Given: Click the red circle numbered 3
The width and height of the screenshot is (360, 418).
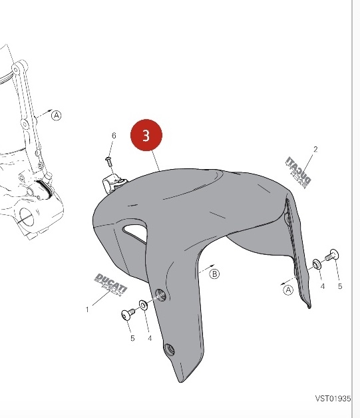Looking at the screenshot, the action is (146, 135).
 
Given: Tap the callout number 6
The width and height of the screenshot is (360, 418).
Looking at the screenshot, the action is (114, 136).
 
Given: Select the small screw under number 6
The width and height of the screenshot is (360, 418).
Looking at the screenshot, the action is (108, 161).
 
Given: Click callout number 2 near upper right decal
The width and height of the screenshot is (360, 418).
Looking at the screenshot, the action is (315, 149).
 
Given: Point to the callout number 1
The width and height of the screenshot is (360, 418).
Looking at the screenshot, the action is (87, 310).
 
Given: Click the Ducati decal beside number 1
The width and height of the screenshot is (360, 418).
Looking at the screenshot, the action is (111, 285).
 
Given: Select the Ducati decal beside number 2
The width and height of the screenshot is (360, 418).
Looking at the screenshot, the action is (298, 172).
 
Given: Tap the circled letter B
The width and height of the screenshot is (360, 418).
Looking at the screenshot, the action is (214, 274).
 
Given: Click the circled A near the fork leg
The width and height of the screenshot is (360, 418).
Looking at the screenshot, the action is (57, 115).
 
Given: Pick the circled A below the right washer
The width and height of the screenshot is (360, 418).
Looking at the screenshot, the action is (288, 290).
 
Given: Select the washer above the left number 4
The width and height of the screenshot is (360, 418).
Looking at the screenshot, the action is (144, 305).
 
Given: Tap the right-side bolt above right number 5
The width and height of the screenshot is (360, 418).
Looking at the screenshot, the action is (332, 255).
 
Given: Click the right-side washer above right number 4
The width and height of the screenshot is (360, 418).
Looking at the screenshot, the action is (317, 264).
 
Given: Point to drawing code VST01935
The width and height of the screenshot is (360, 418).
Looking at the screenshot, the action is (333, 399).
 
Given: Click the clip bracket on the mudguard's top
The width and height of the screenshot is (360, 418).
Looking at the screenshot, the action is (112, 183).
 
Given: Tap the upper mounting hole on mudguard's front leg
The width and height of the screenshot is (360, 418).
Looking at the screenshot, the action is (160, 295).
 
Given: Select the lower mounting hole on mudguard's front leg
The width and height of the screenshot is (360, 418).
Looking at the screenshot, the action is (169, 349).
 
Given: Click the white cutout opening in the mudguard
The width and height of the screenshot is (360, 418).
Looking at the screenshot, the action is (135, 232).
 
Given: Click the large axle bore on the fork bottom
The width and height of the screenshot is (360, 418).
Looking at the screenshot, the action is (27, 216).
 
